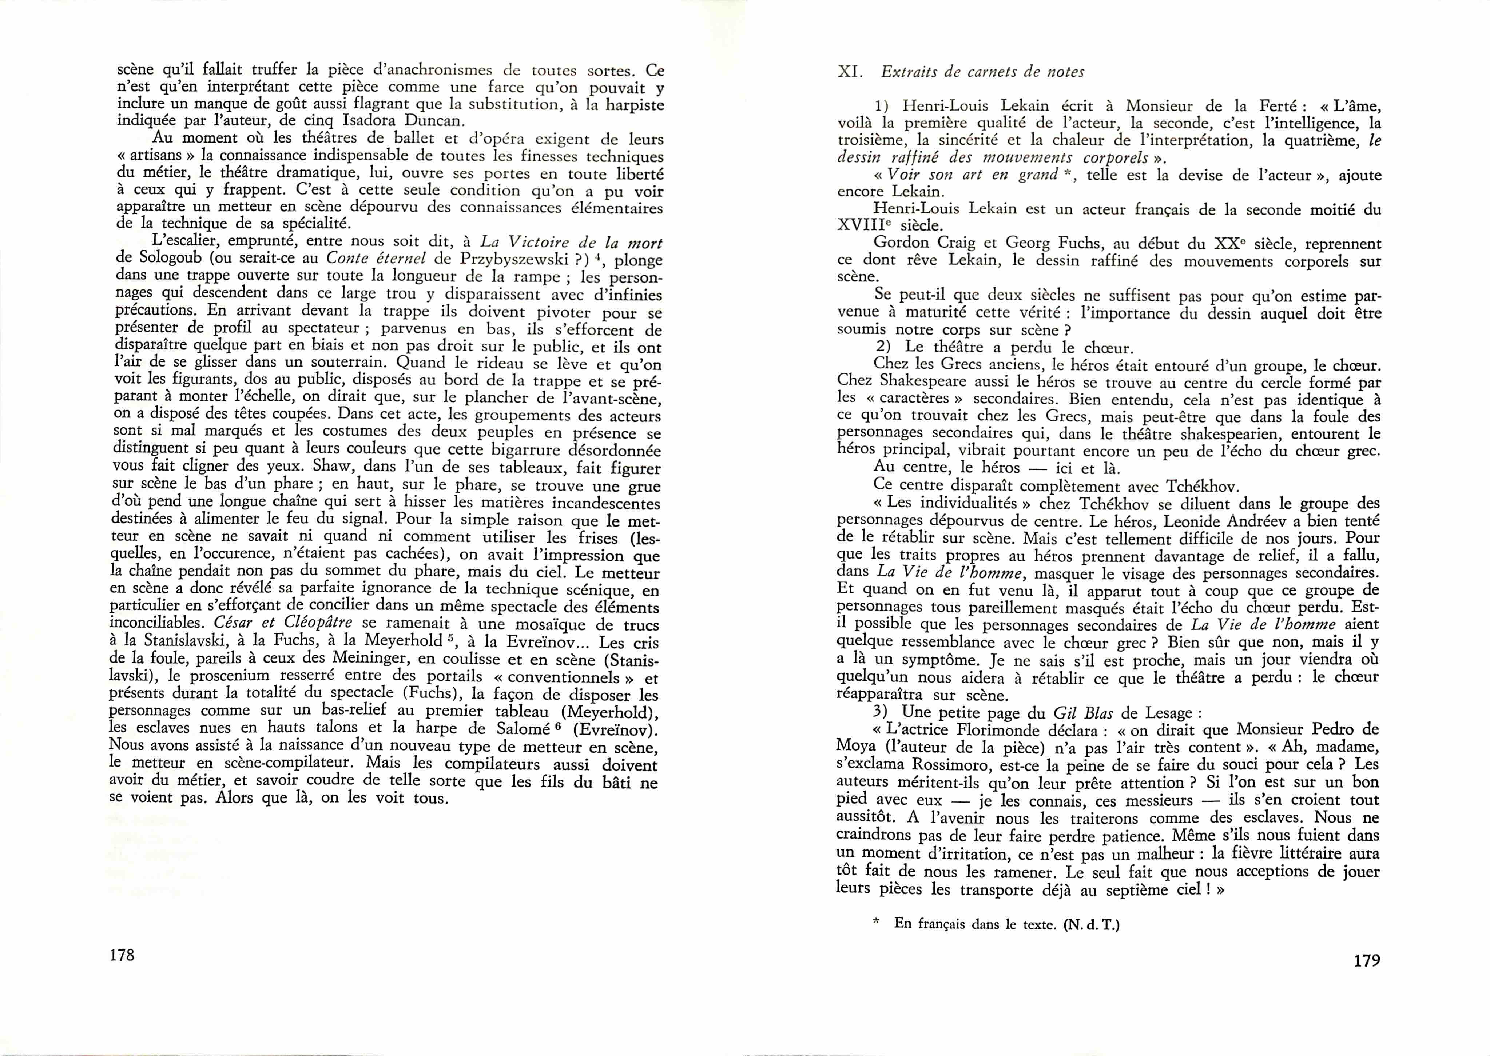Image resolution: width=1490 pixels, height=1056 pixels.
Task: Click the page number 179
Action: click(1366, 960)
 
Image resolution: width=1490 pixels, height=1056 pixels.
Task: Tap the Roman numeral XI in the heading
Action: click(850, 72)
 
